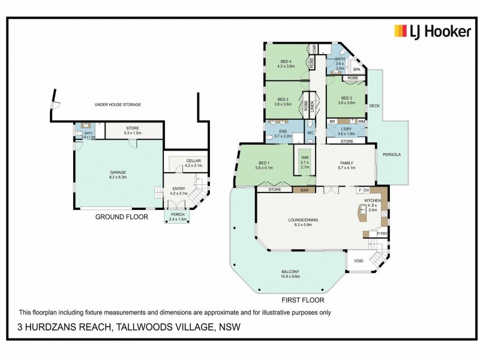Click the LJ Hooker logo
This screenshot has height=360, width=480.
click(x=431, y=31)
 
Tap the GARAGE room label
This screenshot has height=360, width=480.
click(x=118, y=172)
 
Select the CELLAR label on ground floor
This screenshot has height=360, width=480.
click(x=193, y=161)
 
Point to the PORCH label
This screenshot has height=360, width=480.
click(x=178, y=214)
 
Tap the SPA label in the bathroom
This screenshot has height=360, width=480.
click(x=356, y=70)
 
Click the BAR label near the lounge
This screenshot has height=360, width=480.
click(x=304, y=190)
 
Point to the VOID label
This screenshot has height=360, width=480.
click(x=358, y=261)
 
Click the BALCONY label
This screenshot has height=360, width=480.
click(x=290, y=271)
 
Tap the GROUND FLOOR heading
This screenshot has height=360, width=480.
click(x=121, y=217)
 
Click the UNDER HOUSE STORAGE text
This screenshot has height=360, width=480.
click(x=118, y=105)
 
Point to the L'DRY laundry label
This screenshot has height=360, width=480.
click(x=346, y=130)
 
